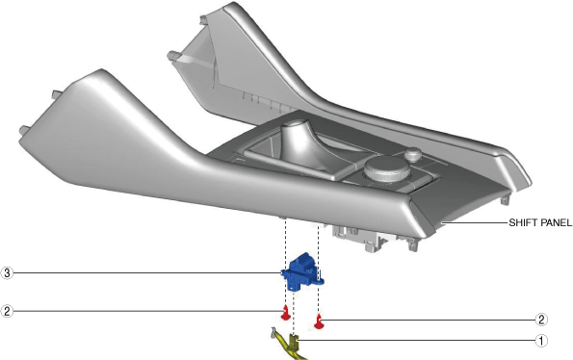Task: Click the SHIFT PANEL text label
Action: pos(540,222)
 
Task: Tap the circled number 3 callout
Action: pos(7,272)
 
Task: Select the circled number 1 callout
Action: pos(541,341)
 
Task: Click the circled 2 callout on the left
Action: pos(7,311)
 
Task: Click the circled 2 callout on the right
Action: pos(541,320)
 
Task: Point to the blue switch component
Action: pos(302,272)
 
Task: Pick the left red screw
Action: pos(285,313)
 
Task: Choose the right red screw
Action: pos(319,321)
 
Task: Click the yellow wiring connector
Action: pos(291,345)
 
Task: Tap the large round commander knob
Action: pos(386,169)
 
